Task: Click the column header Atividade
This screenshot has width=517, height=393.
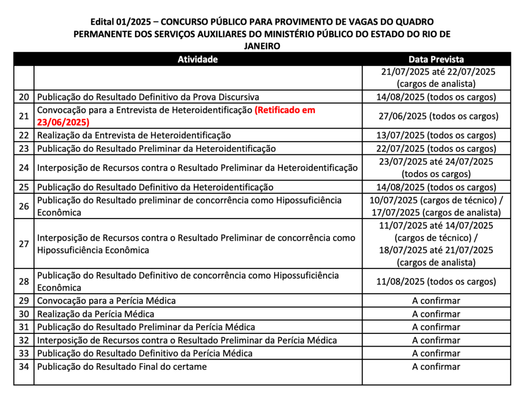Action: pos(197,59)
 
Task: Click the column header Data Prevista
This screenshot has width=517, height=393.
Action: pos(436,59)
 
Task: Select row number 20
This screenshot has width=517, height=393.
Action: pos(24,97)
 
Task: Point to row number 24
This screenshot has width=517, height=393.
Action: pos(24,167)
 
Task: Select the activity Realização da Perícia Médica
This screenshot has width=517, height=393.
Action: pos(95,314)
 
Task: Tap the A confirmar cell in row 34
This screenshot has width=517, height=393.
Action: pos(436,367)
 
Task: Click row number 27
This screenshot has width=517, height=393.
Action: pos(24,244)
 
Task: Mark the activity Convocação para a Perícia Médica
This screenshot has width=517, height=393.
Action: pos(107,301)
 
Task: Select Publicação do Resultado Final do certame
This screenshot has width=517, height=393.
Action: pos(122,367)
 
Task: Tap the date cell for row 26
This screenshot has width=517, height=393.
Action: pos(436,206)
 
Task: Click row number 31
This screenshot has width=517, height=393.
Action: pos(24,327)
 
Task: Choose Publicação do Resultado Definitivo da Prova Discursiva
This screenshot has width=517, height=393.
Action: pos(148,97)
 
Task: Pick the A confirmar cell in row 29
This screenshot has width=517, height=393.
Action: pos(436,301)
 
